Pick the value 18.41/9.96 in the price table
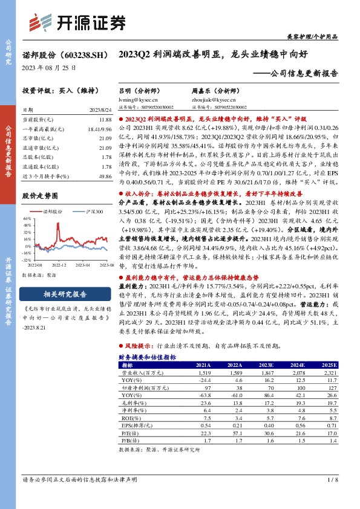[99, 130]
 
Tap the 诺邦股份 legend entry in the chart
[52, 212]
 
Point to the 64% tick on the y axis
[27, 218]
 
